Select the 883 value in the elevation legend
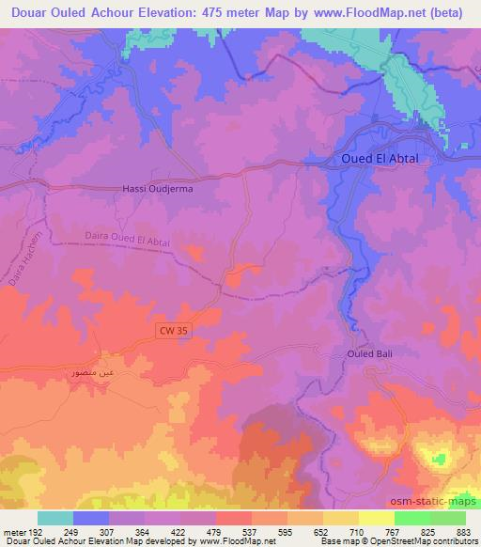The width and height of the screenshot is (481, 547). pos(465,531)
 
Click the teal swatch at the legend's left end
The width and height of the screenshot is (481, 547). pos(55,518)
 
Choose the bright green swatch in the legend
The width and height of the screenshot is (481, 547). pos(411,518)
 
